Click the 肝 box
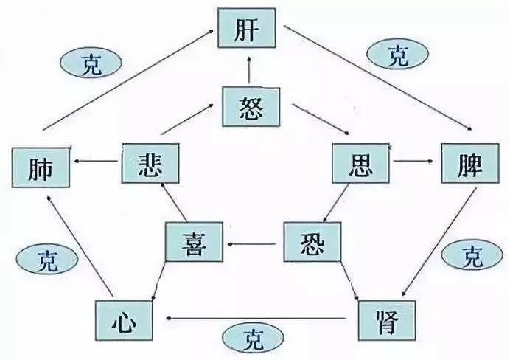(x=246, y=30)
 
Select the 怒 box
(x=251, y=107)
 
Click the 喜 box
(x=192, y=241)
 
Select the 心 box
(x=123, y=319)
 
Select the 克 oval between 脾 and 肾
(x=472, y=257)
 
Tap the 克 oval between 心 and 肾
(x=253, y=341)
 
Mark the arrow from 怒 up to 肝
(x=250, y=69)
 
